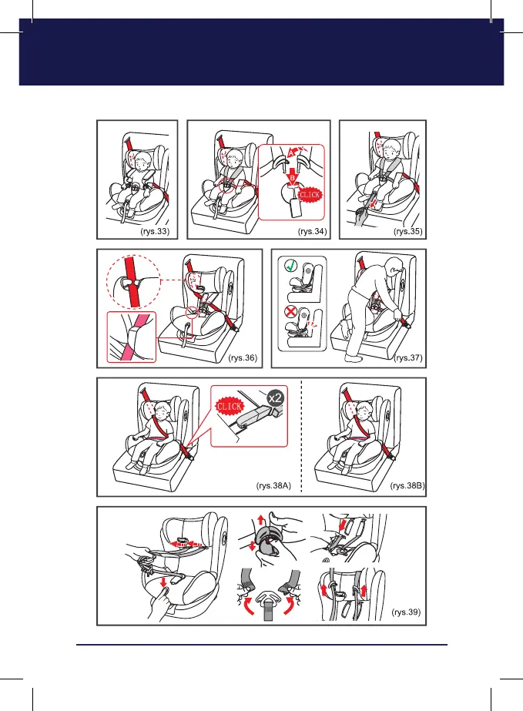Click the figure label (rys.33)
[155, 231]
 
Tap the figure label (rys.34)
[312, 231]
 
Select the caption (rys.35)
[407, 231]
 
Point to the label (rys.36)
[243, 357]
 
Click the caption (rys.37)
[409, 357]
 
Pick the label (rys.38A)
[273, 485]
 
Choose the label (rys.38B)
[407, 485]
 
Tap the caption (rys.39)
[406, 612]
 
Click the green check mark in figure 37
[290, 265]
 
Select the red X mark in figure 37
[290, 311]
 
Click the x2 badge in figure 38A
[275, 398]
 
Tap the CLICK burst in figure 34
[310, 195]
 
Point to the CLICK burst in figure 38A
[229, 406]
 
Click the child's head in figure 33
[143, 160]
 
